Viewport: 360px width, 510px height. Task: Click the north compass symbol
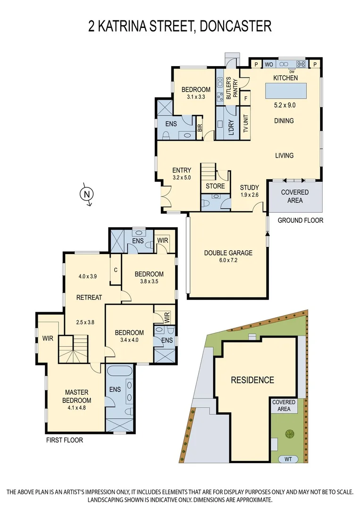coord(86,194)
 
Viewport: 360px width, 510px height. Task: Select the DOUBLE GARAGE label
coord(228,253)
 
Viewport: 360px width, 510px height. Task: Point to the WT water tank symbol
coord(288,459)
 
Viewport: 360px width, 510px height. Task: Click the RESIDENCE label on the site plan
coord(252,380)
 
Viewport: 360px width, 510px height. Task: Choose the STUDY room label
coord(249,187)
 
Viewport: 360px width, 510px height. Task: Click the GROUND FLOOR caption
coord(300,220)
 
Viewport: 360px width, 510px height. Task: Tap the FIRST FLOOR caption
coord(64,440)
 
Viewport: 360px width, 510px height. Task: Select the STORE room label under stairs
coord(215,186)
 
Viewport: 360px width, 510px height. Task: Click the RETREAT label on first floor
coord(90,297)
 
